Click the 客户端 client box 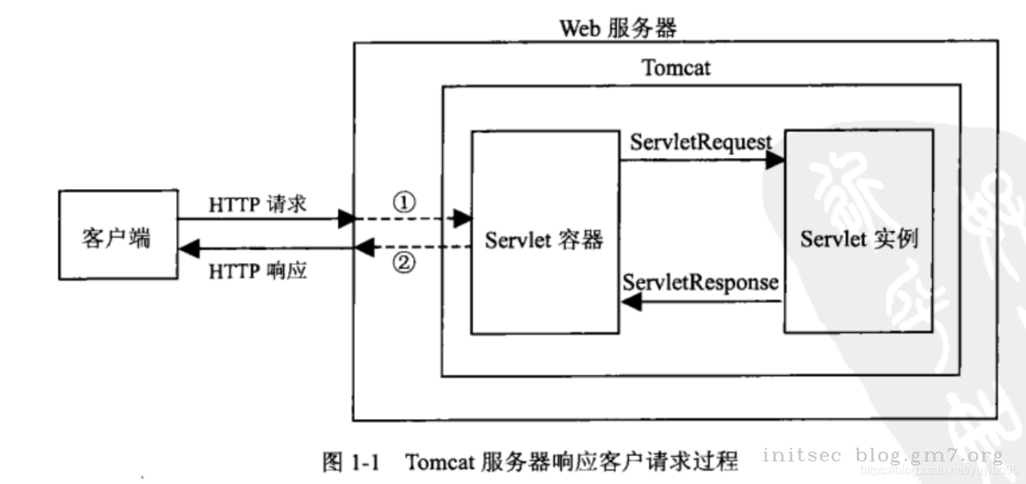tap(118, 236)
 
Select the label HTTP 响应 tap(257, 270)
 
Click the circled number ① tap(405, 202)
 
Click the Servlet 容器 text tap(545, 240)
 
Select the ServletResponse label tap(701, 282)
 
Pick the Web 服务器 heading tap(617, 28)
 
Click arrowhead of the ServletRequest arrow tap(775, 160)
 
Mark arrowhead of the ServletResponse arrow tap(631, 302)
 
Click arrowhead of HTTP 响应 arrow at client tap(188, 247)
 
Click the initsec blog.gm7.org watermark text tap(882, 455)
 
